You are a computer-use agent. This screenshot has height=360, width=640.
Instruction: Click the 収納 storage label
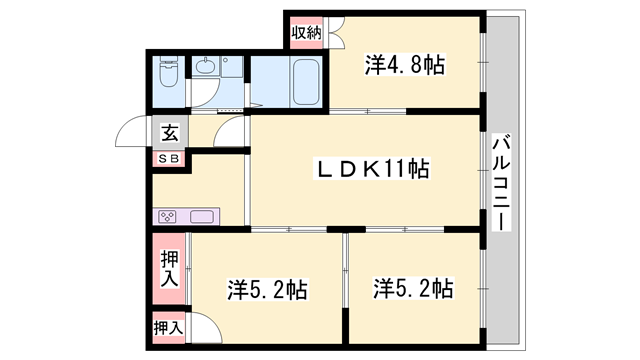coord(305,33)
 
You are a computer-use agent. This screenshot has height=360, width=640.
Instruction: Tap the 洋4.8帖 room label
coord(404,66)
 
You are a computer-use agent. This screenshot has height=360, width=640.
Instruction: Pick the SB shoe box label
coord(168,158)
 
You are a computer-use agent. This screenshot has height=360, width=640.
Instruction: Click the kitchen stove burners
coord(167,216)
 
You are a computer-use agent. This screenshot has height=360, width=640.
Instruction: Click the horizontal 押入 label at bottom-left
coord(168,327)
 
